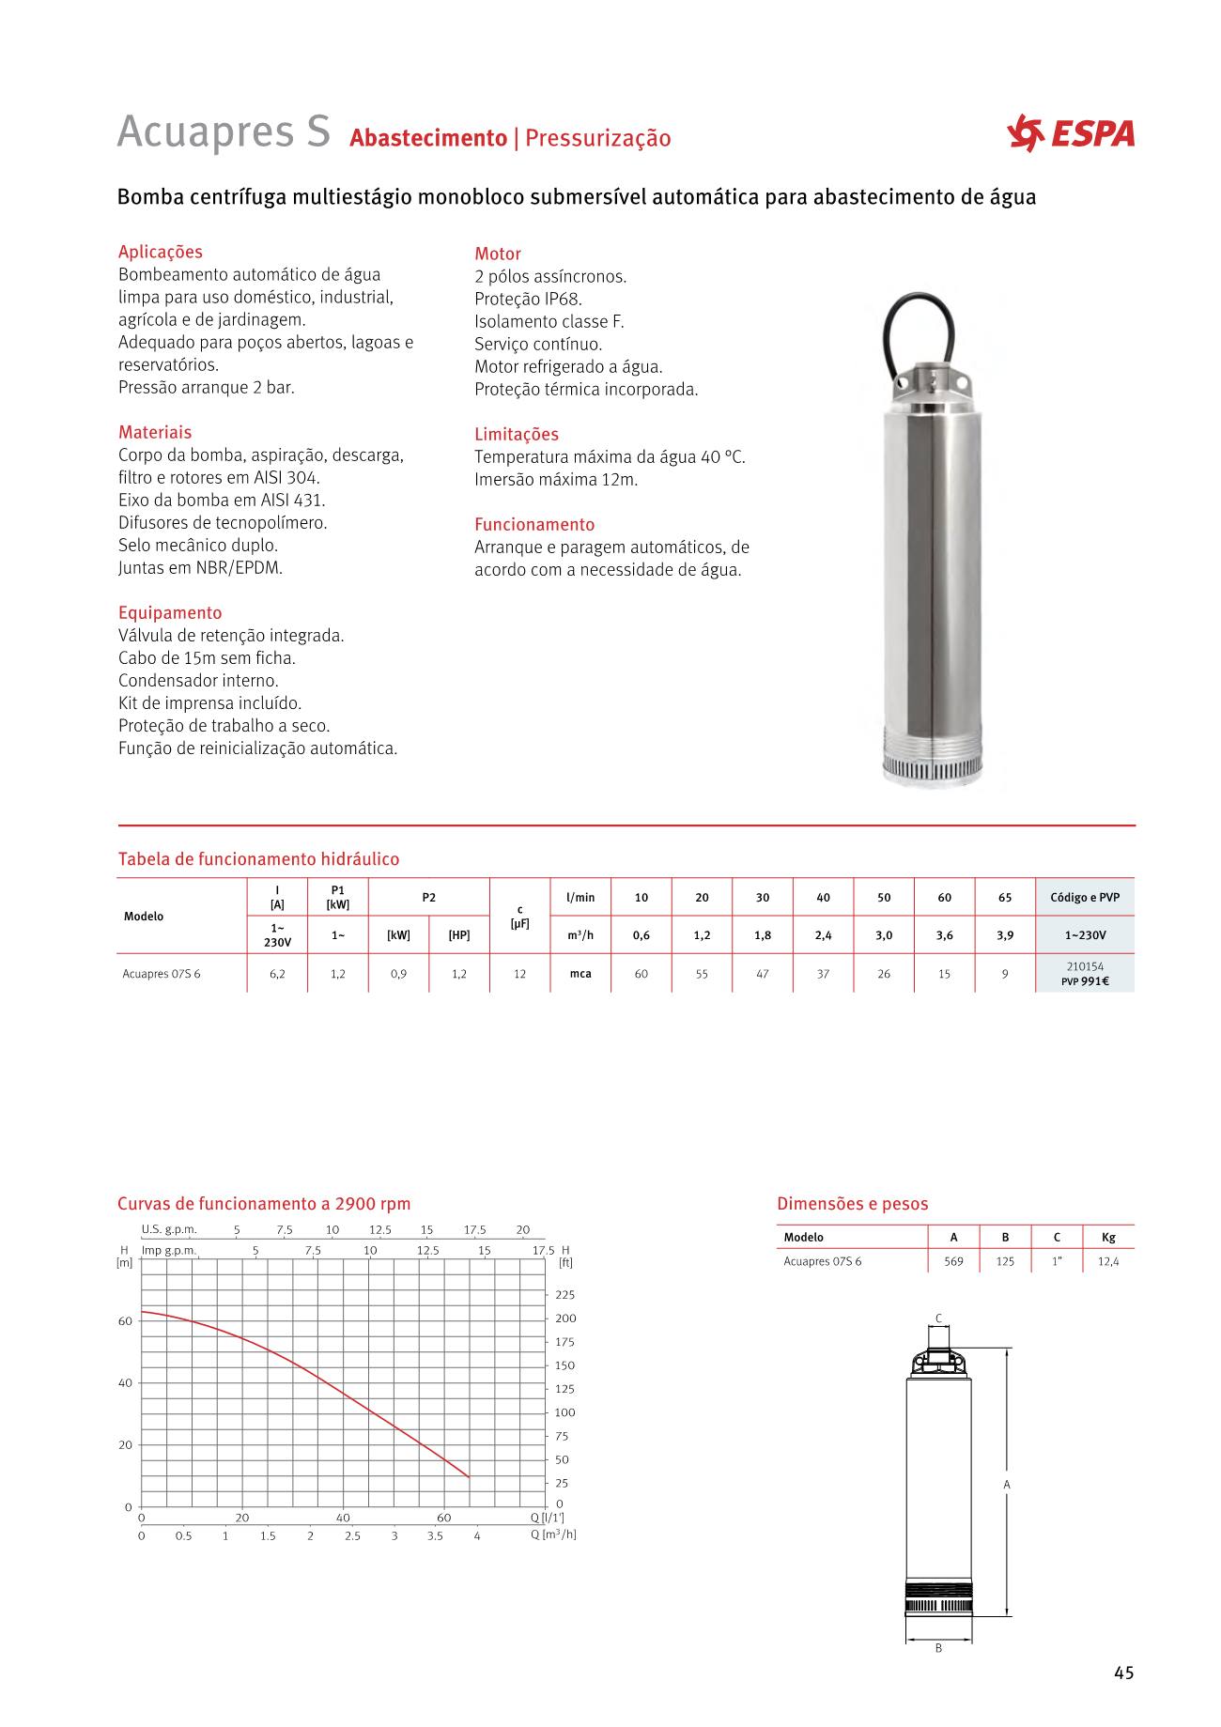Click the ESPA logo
click(x=1070, y=133)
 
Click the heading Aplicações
click(x=160, y=252)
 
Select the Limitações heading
click(x=516, y=434)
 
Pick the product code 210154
click(x=1085, y=965)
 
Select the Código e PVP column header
click(x=1085, y=897)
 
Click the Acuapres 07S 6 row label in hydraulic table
click(x=162, y=974)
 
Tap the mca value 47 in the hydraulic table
click(x=763, y=974)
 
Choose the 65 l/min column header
click(x=1005, y=897)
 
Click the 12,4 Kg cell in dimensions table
click(x=1108, y=1261)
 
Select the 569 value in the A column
click(x=953, y=1261)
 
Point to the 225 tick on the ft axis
click(x=564, y=1294)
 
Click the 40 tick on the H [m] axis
click(x=125, y=1383)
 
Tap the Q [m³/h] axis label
click(x=553, y=1534)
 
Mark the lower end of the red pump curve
click(x=469, y=1477)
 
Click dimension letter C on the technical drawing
click(x=938, y=1318)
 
